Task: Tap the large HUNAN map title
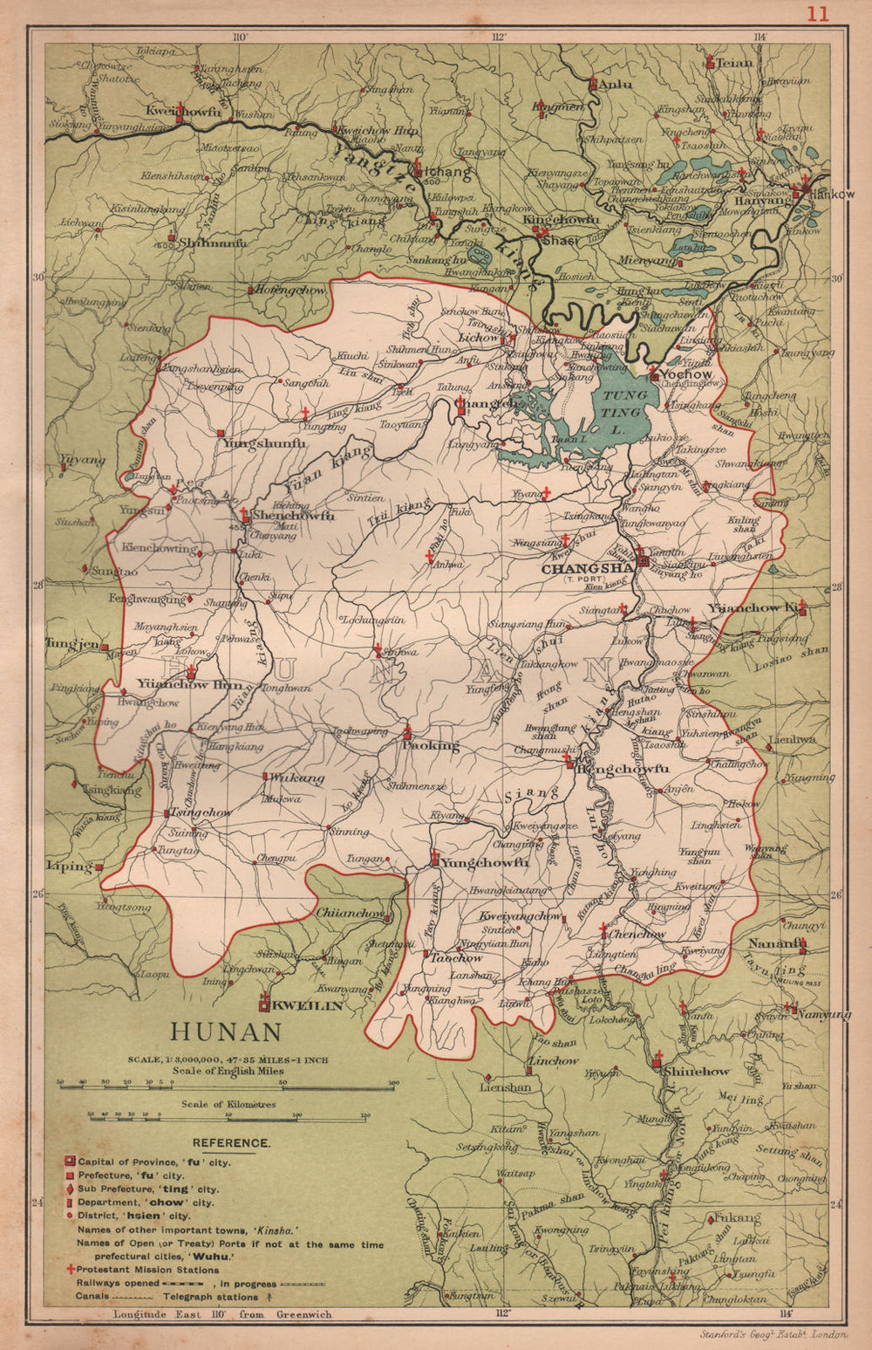[226, 1032]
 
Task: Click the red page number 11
[817, 14]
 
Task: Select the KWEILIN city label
[306, 1006]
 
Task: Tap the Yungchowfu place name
[485, 862]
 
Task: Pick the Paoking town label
[430, 745]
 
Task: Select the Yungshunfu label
[265, 443]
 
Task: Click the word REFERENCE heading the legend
[231, 1142]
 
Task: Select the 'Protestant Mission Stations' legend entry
[147, 1270]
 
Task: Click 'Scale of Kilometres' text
[228, 1104]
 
